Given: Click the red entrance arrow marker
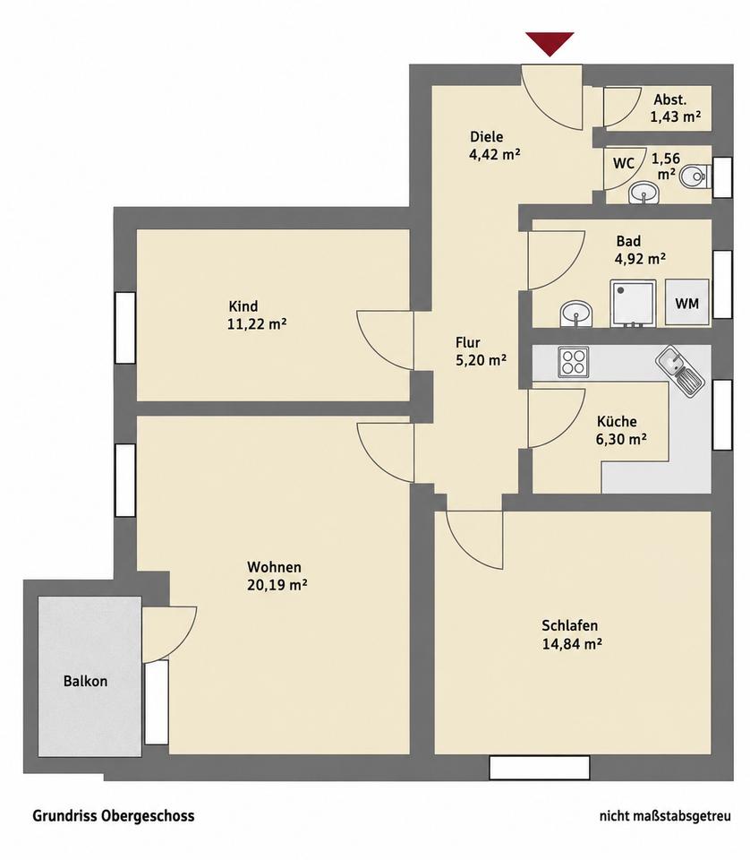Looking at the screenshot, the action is tap(550, 43).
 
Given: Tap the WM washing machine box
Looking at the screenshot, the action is tap(687, 303).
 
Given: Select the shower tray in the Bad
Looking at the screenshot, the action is tap(633, 304).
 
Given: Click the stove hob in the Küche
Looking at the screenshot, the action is tap(574, 362).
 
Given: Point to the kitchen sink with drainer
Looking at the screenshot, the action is tap(679, 371).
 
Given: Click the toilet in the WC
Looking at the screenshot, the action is tap(695, 176).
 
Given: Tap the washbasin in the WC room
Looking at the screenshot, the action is tap(643, 193).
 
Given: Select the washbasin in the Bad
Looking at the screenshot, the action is tap(577, 314).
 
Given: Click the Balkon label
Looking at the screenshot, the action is tap(85, 681).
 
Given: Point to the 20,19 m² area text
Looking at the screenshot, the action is tap(277, 585).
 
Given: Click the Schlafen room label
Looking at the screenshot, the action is tap(570, 626).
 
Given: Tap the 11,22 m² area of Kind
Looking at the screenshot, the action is tap(257, 324).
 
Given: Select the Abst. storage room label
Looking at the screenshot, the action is tap(670, 99).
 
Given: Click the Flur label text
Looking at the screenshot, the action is tap(468, 343).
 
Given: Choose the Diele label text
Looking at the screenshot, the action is tap(487, 136).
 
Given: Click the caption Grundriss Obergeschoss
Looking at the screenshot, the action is tap(114, 816).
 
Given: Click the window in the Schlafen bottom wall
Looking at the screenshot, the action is tap(539, 768).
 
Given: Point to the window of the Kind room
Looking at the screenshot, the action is tap(125, 328).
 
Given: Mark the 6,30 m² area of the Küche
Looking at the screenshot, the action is tap(621, 439).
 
